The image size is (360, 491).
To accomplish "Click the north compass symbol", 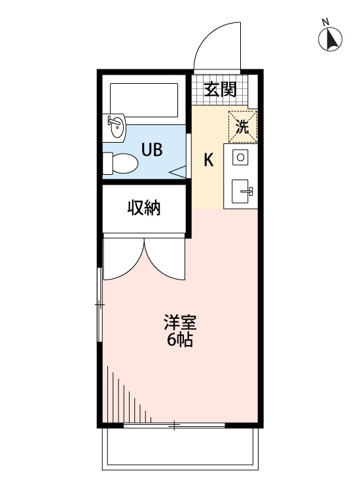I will pyautogui.click(x=331, y=39).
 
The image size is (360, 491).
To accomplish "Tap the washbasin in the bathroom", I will pyautogui.click(x=116, y=126).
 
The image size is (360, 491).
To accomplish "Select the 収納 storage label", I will pyautogui.click(x=144, y=209).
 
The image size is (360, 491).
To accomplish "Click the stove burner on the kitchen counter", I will pyautogui.click(x=240, y=157).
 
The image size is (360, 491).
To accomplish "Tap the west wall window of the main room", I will pyautogui.click(x=99, y=304).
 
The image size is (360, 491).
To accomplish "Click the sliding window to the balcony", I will pyautogui.click(x=174, y=426).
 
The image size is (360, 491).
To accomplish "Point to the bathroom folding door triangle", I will pyautogui.click(x=178, y=172).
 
